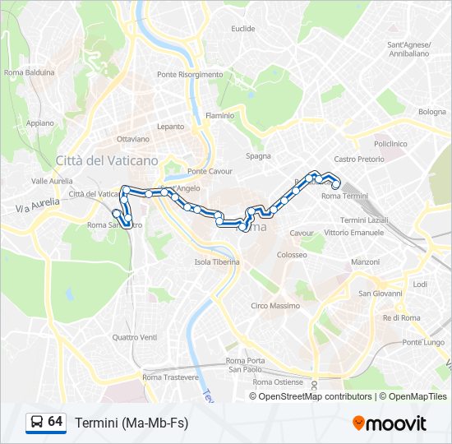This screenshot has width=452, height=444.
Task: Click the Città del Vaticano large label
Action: (x=106, y=161)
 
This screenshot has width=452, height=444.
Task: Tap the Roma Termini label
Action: (x=344, y=196)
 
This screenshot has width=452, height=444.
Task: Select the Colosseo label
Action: (x=292, y=255)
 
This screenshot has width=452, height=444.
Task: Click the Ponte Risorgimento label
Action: (x=190, y=74)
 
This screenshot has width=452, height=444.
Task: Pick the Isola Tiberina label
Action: (x=217, y=262)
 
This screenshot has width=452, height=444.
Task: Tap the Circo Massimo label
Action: (x=275, y=306)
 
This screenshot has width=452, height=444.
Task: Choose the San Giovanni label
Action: (x=380, y=294)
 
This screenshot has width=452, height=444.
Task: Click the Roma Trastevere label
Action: (x=170, y=377)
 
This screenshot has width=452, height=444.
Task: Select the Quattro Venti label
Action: (x=135, y=337)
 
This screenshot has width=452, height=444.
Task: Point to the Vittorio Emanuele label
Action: (x=354, y=233)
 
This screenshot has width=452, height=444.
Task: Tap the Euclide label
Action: (x=243, y=29)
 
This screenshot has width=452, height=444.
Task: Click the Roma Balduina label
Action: (x=29, y=72)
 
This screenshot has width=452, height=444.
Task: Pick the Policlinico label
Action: (x=390, y=143)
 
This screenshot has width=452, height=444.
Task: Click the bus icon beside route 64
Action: (x=36, y=423)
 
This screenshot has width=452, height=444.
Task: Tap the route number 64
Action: (x=55, y=422)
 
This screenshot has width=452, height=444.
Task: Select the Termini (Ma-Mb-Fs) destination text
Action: (x=131, y=423)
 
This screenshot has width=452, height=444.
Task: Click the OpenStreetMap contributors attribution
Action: (x=316, y=396)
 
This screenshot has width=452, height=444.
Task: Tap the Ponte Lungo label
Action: (x=422, y=342)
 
